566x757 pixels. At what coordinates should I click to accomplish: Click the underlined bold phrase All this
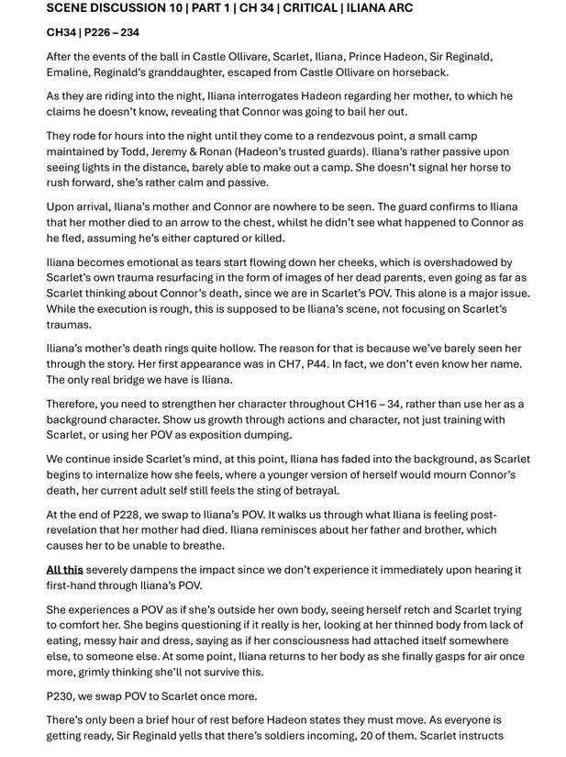point(65,570)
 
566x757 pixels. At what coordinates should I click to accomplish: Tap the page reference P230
point(61,696)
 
